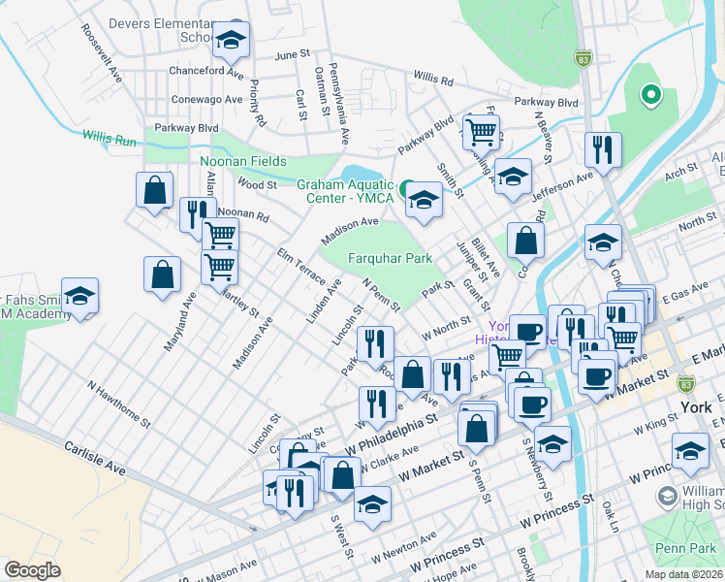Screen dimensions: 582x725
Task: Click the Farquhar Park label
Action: tap(390, 259)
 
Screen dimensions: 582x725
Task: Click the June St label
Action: tap(293, 55)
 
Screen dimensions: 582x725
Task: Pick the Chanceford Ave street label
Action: tap(205, 72)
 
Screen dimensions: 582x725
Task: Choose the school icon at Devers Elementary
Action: tap(231, 41)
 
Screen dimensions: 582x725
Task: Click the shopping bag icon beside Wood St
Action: tap(154, 191)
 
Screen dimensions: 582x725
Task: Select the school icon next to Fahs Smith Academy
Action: tap(79, 297)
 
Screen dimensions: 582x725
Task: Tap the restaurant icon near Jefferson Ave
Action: tap(602, 150)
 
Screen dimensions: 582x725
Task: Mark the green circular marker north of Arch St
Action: tap(651, 95)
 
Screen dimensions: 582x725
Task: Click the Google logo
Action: tap(32, 570)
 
